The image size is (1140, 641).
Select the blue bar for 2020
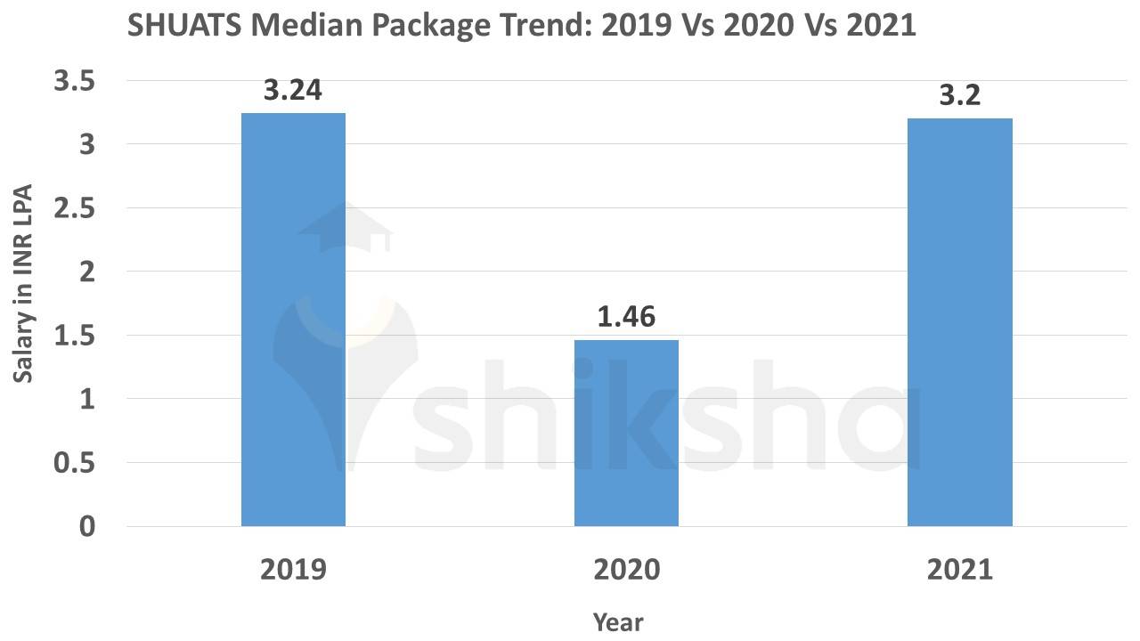click(x=626, y=433)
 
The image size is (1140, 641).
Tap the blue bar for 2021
click(x=959, y=321)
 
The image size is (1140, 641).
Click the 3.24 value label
click(x=292, y=91)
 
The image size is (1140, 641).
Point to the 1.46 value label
click(x=626, y=317)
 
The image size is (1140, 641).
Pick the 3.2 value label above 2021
click(x=959, y=95)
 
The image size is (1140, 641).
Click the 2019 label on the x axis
click(x=293, y=569)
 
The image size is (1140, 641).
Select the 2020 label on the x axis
click(x=626, y=569)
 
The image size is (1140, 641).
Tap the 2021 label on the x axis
click(x=959, y=569)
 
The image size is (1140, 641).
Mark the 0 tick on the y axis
click(x=85, y=526)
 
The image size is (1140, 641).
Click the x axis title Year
click(x=617, y=621)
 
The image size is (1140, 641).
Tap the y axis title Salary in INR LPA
click(x=24, y=284)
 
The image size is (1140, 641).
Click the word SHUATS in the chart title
click(x=183, y=26)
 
